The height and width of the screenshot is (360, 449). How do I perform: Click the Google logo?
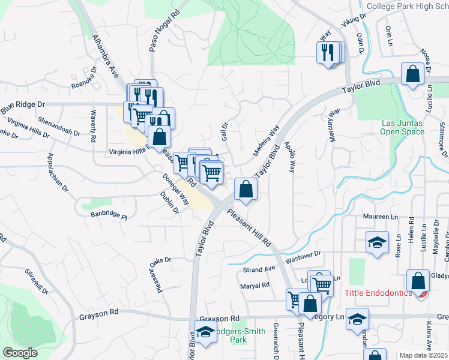point(20,353)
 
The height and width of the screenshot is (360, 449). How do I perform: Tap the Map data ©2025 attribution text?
point(424,355)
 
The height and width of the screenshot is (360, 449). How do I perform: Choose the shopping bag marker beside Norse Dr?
point(413,75)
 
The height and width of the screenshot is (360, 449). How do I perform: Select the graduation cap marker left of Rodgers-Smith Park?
point(205,332)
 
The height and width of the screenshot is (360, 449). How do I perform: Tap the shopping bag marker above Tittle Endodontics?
point(418,281)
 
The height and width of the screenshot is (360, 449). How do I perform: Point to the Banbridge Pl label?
point(109,214)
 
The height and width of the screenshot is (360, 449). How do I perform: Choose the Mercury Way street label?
point(334,125)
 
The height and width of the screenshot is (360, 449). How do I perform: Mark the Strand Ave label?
point(258,269)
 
